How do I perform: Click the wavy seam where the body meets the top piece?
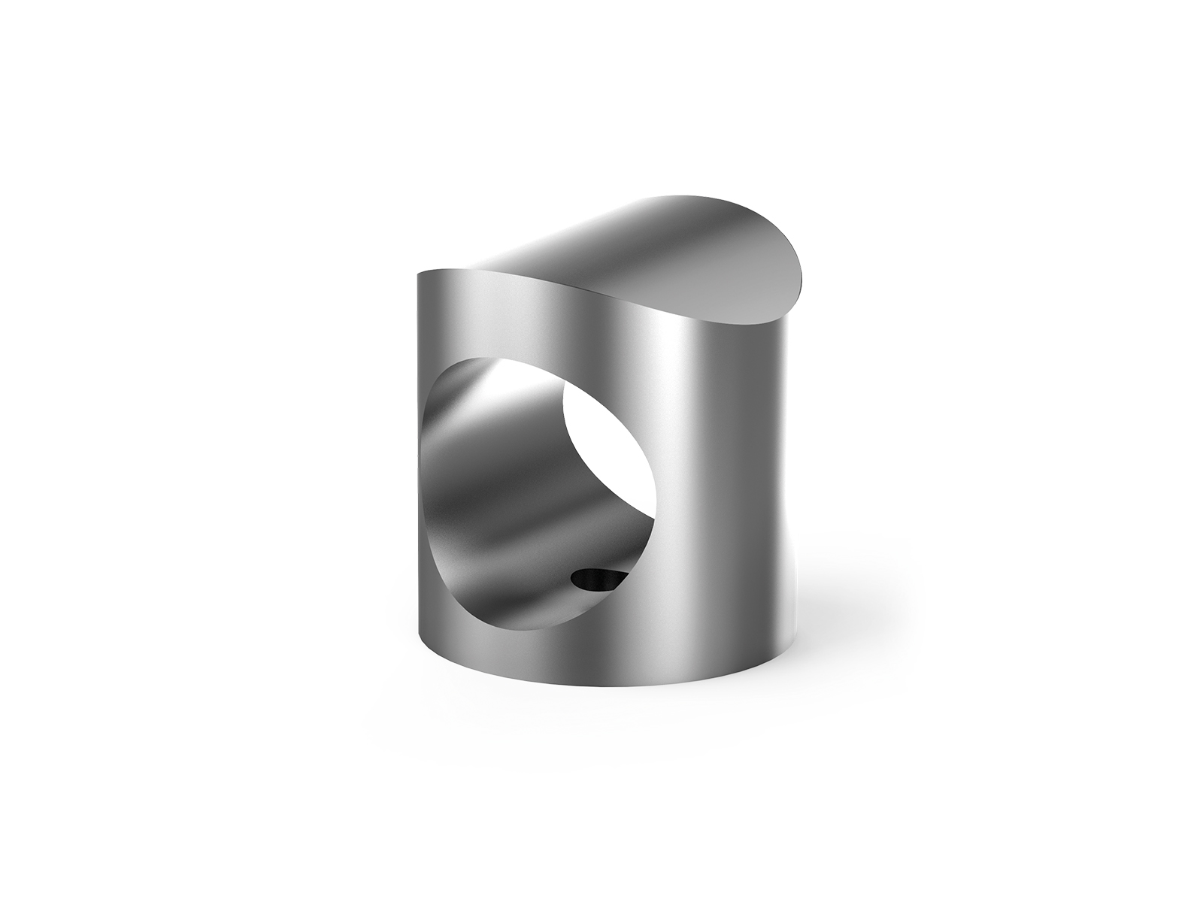[601, 289]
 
